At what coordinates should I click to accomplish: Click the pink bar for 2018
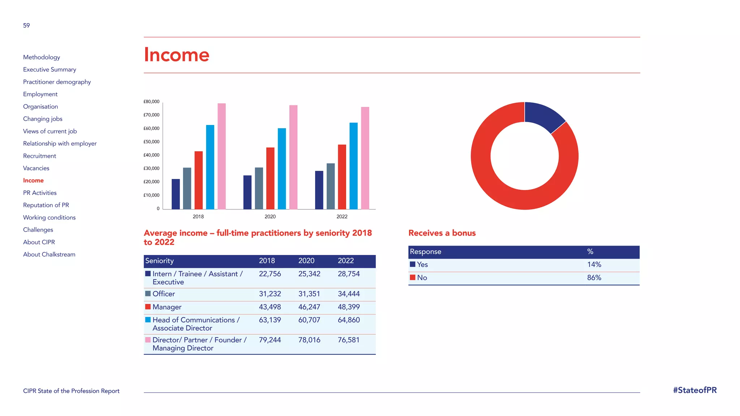pyautogui.click(x=221, y=156)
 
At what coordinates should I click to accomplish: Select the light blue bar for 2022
pyautogui.click(x=353, y=166)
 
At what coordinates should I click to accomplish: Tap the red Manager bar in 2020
pyautogui.click(x=270, y=178)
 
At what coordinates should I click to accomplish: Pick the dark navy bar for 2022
pyautogui.click(x=319, y=190)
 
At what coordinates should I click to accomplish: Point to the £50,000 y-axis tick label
pyautogui.click(x=151, y=142)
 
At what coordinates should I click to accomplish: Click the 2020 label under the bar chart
pyautogui.click(x=270, y=217)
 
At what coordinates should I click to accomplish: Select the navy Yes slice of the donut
pyautogui.click(x=543, y=116)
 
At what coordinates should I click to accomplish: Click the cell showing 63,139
pyautogui.click(x=270, y=320)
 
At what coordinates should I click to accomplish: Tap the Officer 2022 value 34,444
pyautogui.click(x=348, y=294)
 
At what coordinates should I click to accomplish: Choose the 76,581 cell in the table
pyautogui.click(x=348, y=340)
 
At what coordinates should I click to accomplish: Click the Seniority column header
pyautogui.click(x=159, y=261)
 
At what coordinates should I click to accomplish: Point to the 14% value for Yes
pyautogui.click(x=594, y=265)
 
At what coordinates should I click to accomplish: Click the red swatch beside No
pyautogui.click(x=413, y=277)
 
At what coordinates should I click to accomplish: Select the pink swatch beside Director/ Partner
pyautogui.click(x=148, y=340)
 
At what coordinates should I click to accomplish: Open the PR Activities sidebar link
pyautogui.click(x=40, y=193)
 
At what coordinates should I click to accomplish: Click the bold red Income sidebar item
pyautogui.click(x=33, y=181)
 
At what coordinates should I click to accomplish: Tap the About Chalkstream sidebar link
pyautogui.click(x=49, y=255)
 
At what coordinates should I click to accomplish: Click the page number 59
pyautogui.click(x=26, y=26)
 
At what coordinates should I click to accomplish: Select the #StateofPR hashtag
pyautogui.click(x=694, y=390)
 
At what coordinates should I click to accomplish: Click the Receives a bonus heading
pyautogui.click(x=442, y=233)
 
